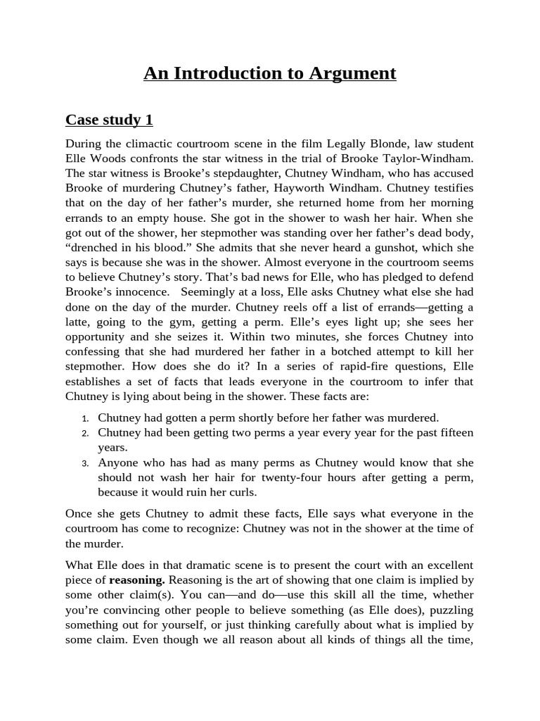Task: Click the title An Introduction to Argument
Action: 270,73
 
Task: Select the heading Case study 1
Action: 109,120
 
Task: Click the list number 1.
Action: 84,418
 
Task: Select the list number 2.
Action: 84,433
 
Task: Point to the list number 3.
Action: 84,463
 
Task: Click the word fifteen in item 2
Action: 454,432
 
